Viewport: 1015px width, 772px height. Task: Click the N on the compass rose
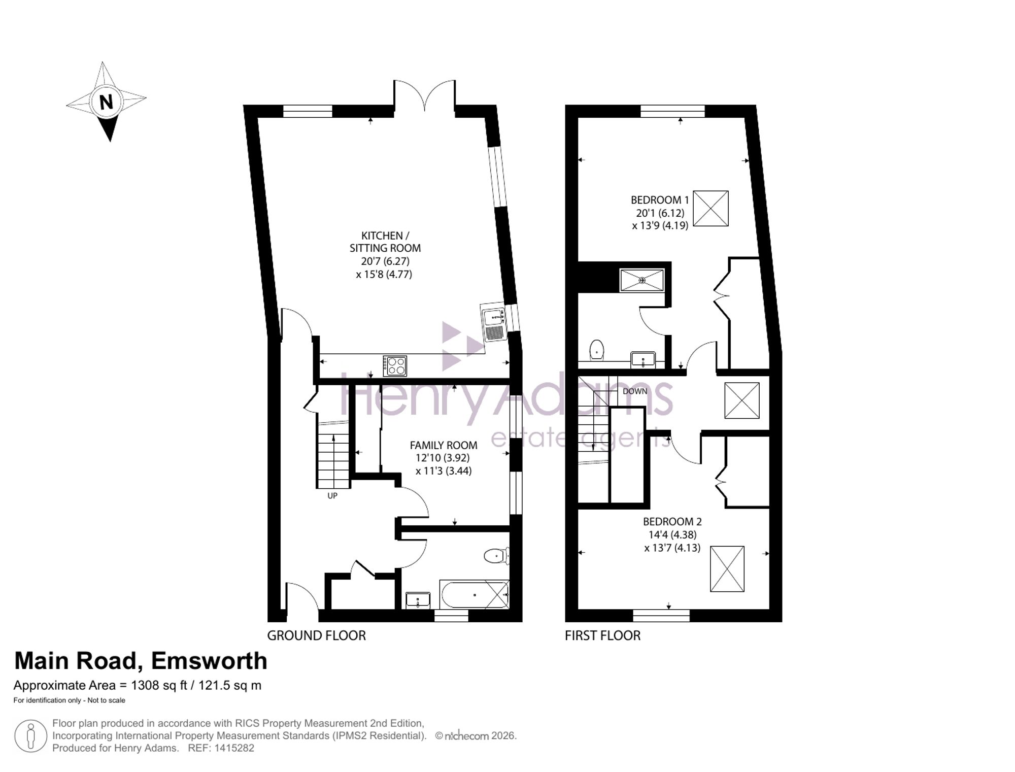tap(106, 103)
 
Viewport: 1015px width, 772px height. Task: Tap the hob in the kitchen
tap(395, 365)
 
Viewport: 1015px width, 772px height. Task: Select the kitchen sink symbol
tap(494, 324)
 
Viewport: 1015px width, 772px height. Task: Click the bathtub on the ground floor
tap(475, 594)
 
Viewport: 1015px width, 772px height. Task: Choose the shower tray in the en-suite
tap(642, 280)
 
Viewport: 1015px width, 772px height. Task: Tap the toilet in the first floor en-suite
tap(597, 350)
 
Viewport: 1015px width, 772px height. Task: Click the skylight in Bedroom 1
tap(710, 209)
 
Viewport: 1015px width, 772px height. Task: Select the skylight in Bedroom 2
tap(727, 569)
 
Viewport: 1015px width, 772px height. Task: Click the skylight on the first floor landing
tap(742, 400)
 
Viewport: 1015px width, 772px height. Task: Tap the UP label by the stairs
tap(332, 496)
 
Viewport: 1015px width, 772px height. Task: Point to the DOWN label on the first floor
tap(635, 391)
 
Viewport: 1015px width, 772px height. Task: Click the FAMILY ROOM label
tap(444, 445)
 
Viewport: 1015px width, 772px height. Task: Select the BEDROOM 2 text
tap(672, 521)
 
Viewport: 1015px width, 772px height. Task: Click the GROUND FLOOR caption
tap(316, 635)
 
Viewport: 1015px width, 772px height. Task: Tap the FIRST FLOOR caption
tap(602, 635)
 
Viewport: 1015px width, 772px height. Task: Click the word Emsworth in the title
tap(209, 661)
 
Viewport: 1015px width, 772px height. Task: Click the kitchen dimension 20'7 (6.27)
tap(385, 261)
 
